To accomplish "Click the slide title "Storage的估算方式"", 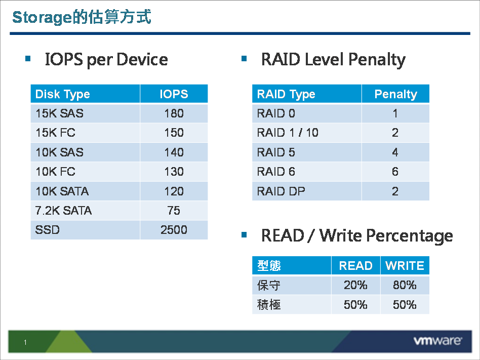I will tap(82, 18).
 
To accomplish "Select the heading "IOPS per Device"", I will tap(106, 60).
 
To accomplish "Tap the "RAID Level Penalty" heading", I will tap(333, 60).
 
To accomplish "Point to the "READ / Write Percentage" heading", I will tap(356, 235).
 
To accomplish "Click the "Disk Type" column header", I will tap(63, 94).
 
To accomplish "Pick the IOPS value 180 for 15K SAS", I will tap(174, 113).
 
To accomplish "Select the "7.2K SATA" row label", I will tap(64, 211).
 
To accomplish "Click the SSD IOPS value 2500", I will tap(174, 230).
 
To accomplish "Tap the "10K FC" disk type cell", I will tap(55, 172).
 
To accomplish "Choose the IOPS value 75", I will tap(174, 211).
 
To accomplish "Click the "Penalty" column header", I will tap(395, 94).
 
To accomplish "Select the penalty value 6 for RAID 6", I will tap(395, 172).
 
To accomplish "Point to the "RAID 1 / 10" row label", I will tap(288, 133).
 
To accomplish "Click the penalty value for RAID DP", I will tap(395, 191).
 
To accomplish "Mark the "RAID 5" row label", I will tap(276, 152).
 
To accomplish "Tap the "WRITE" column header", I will tap(405, 266).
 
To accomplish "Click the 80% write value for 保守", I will tap(405, 286).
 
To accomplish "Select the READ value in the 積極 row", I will tap(355, 305).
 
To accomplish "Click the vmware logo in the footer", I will tap(437, 341).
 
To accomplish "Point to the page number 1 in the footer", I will tap(25, 343).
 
